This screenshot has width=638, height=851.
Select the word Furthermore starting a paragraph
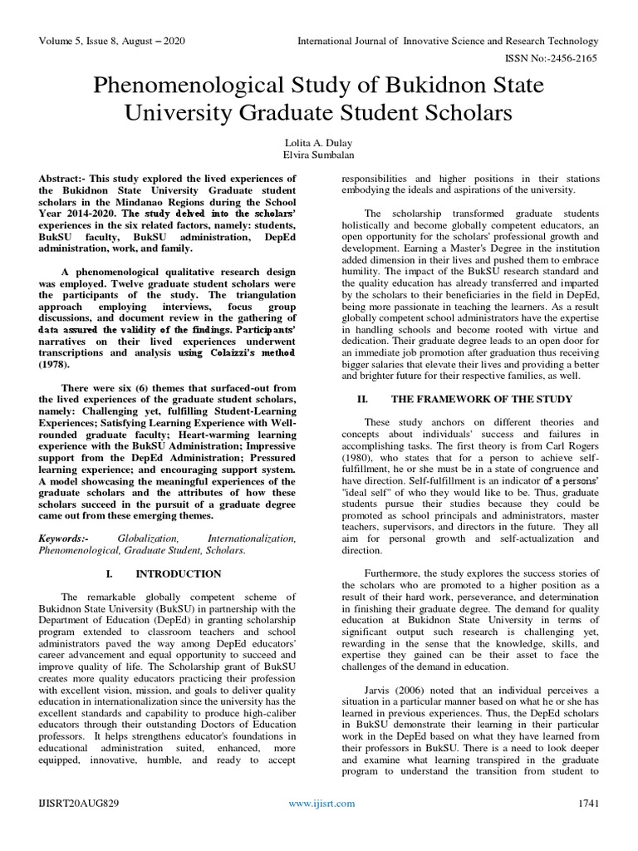pos(397,573)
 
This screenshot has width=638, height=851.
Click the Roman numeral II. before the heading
pos(361,399)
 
